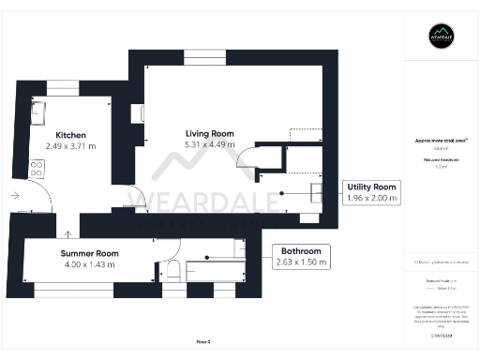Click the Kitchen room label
[x=71, y=134]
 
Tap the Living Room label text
[x=209, y=133]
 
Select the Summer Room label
[x=90, y=253]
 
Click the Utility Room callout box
[x=371, y=192]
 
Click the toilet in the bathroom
[x=172, y=272]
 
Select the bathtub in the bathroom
[x=214, y=271]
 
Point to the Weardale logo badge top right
[x=441, y=36]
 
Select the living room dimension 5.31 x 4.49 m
[x=209, y=144]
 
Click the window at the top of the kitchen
[x=63, y=86]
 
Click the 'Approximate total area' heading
[x=441, y=141]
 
